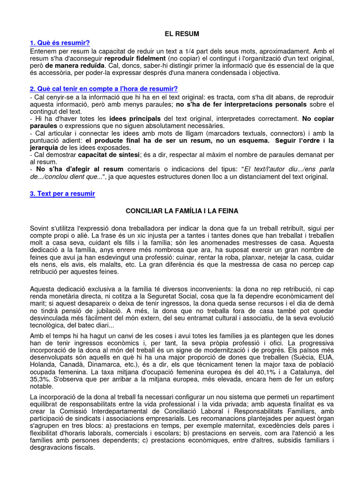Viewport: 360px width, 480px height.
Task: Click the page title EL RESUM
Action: point(181,34)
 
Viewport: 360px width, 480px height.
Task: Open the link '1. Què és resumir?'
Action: point(60,43)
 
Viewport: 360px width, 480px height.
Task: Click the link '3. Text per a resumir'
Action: point(62,194)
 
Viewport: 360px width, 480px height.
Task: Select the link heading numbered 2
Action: point(104,89)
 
